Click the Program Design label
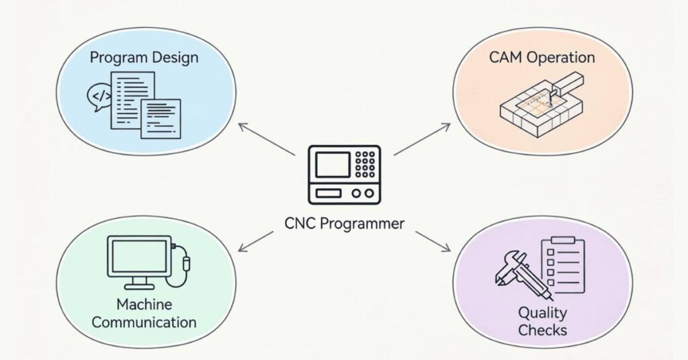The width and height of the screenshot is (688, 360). click(x=144, y=57)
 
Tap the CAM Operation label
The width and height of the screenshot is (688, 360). click(x=542, y=57)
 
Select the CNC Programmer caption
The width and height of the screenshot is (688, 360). click(x=344, y=223)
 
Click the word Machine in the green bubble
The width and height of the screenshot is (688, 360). click(x=144, y=304)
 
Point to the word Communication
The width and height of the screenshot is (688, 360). click(x=144, y=322)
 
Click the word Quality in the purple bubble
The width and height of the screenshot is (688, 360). click(x=542, y=312)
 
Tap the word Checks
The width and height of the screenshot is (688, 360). click(x=542, y=330)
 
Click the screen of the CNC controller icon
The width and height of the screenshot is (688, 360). click(x=332, y=165)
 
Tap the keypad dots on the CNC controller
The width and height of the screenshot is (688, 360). click(x=365, y=164)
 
